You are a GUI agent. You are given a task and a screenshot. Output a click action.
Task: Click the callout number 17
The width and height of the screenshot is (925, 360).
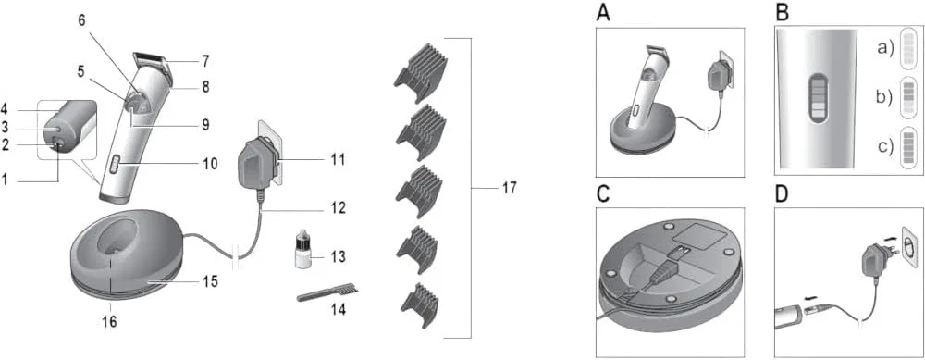[x=508, y=189]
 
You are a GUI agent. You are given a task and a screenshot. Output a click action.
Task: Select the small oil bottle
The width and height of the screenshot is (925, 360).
[x=302, y=251]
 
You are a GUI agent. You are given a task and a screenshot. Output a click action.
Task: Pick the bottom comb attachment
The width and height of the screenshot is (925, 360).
[x=419, y=304]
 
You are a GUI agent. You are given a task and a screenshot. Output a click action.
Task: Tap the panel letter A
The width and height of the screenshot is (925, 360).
[x=603, y=13]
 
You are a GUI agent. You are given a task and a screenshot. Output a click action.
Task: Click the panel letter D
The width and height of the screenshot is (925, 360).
[x=781, y=196]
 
